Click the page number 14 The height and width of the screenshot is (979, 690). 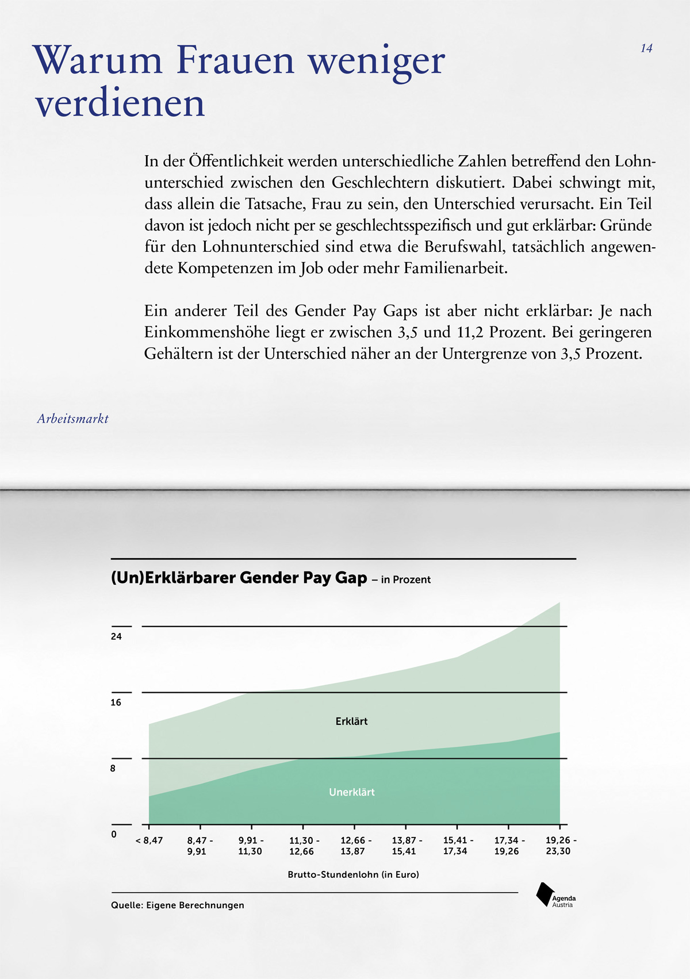coord(646,48)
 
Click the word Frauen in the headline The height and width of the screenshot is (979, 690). coord(236,60)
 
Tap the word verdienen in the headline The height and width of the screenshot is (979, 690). coord(120,103)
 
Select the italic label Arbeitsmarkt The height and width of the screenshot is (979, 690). coord(72,419)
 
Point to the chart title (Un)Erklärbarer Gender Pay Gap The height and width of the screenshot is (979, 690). coord(239,578)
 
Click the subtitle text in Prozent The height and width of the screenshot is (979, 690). coord(405,579)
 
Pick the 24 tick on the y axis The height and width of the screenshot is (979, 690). coord(116,636)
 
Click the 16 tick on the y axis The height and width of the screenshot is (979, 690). coord(116,702)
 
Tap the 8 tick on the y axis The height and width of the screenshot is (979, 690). coord(113,769)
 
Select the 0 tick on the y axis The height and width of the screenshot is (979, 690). coord(114,834)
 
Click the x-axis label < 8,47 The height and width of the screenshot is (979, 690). coord(149,840)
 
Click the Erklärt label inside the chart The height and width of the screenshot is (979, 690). coord(351,721)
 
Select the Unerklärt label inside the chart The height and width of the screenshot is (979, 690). coord(351,792)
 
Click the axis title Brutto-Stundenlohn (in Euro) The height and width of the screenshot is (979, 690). coord(353,874)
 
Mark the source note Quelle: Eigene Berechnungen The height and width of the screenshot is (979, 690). coord(178,905)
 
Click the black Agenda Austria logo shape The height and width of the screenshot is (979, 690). coord(543,894)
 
